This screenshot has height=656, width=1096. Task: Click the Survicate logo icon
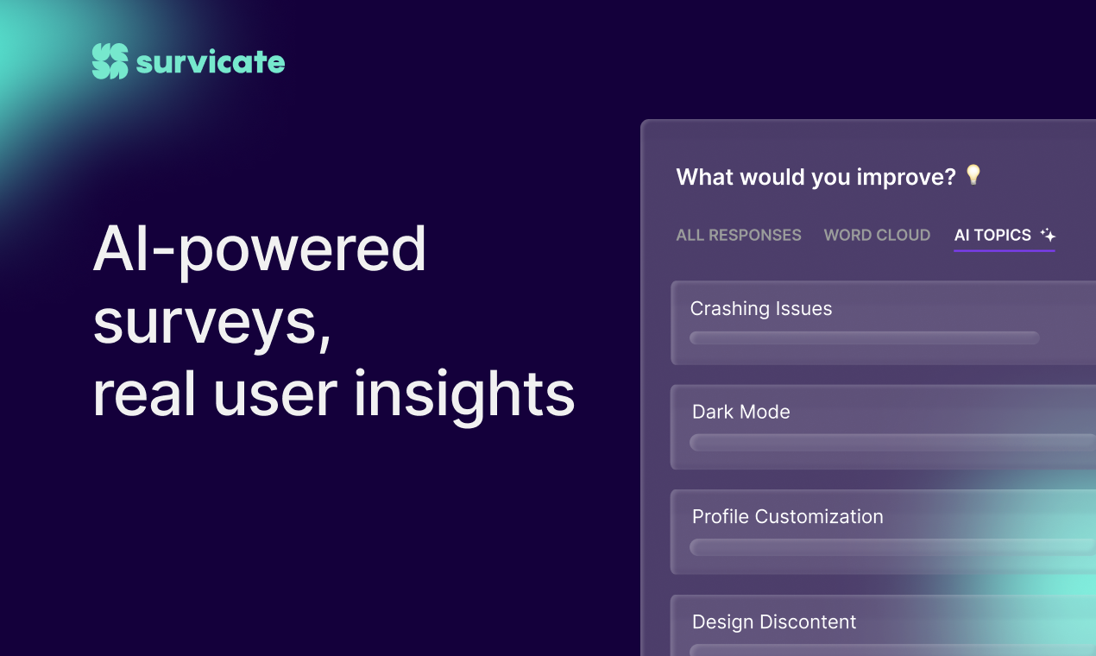coord(110,61)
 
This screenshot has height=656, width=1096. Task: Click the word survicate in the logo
coord(211,62)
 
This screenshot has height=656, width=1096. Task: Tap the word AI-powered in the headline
coord(259,249)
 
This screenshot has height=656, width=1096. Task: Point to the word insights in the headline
coord(464,395)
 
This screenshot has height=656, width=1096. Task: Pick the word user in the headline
coord(275,398)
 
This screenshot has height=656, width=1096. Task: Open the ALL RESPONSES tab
coord(739,235)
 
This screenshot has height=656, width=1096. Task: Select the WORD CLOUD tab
coord(877,235)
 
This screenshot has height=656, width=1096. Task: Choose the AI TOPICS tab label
coord(992,235)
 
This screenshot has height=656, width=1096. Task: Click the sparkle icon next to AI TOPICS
coord(1048,235)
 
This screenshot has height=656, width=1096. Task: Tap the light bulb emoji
coord(973,174)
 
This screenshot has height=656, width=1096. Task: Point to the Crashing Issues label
coord(761,309)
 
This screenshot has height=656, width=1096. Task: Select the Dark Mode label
coord(740,413)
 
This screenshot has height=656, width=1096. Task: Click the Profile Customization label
coord(788,517)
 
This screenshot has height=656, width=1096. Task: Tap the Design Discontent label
coord(774,622)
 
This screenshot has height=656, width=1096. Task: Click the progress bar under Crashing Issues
coord(865,337)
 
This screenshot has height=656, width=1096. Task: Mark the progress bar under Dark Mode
coord(892,442)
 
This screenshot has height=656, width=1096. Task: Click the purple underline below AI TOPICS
coord(1005,250)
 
